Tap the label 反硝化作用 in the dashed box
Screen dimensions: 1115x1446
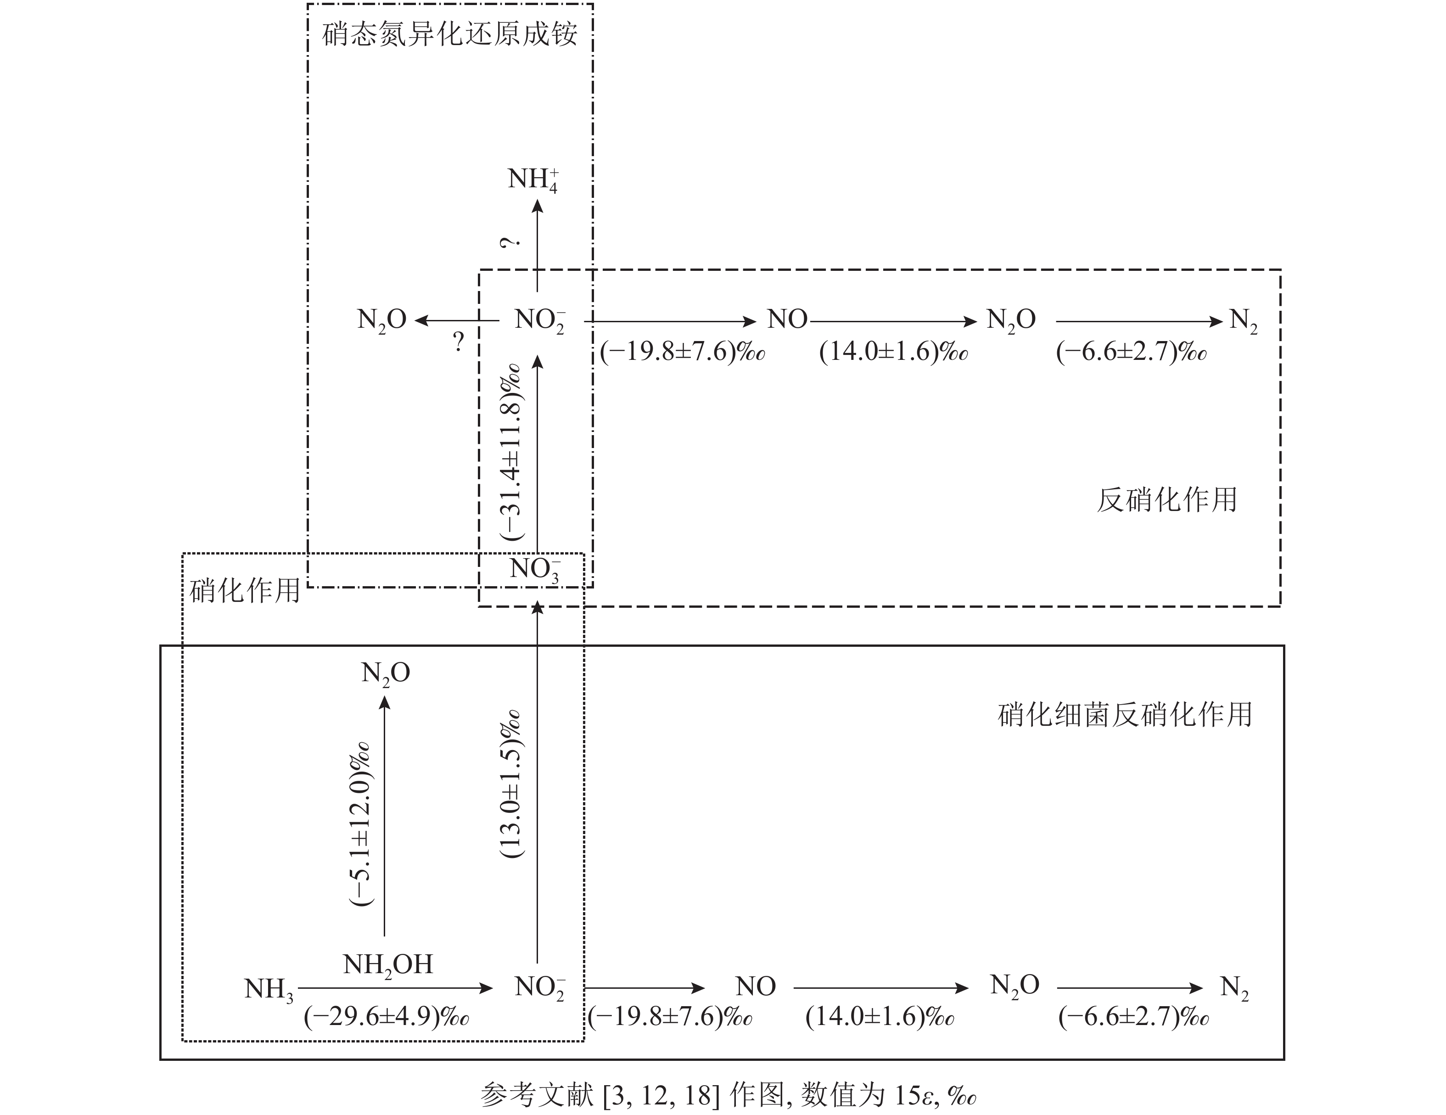point(1166,500)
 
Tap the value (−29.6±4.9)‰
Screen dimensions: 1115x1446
point(386,1016)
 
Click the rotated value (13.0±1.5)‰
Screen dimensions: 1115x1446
point(511,784)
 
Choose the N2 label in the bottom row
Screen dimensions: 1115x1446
point(1234,988)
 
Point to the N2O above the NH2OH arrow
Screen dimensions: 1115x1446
point(385,674)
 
